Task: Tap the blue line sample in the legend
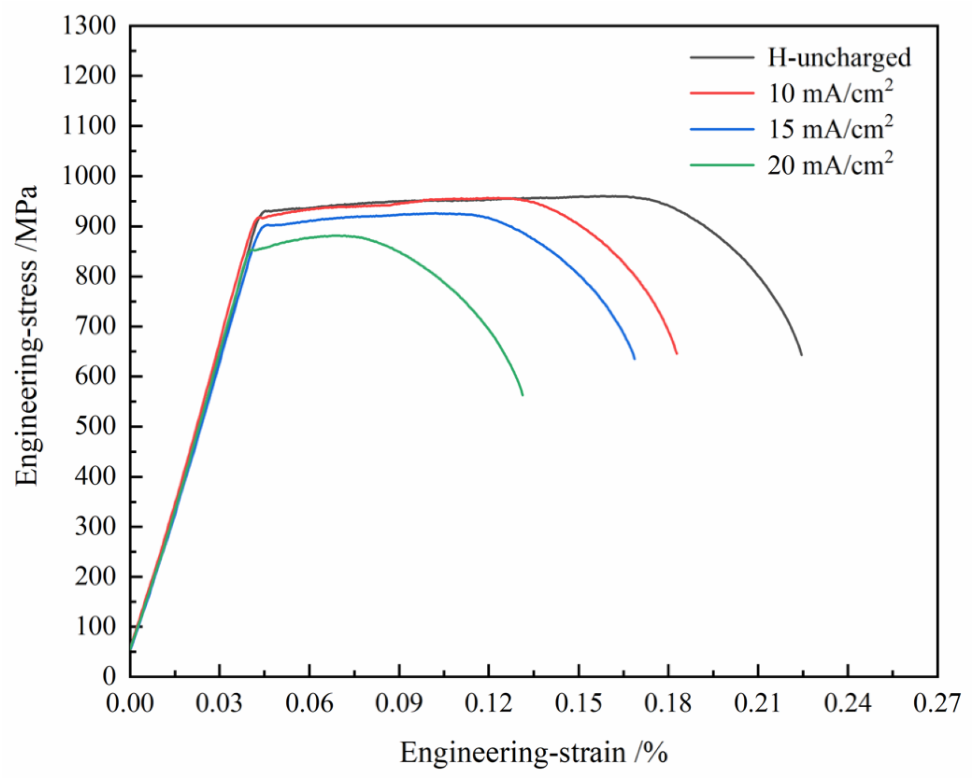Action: point(722,130)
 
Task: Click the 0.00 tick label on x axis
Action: point(130,704)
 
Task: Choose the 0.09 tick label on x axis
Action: point(399,704)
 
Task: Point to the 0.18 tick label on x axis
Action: point(668,704)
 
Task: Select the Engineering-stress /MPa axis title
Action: point(28,336)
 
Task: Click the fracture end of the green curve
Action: point(523,395)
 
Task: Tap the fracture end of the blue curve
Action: point(635,359)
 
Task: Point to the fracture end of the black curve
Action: point(801,355)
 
